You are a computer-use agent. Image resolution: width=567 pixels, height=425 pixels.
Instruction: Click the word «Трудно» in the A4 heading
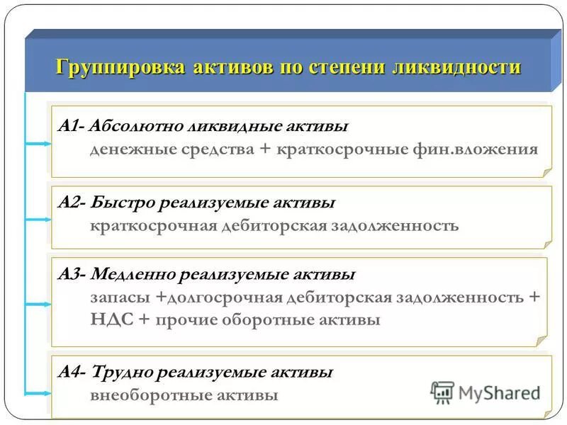pyautogui.click(x=123, y=372)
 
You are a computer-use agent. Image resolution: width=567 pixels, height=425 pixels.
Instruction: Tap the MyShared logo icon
pyautogui.click(x=442, y=392)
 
